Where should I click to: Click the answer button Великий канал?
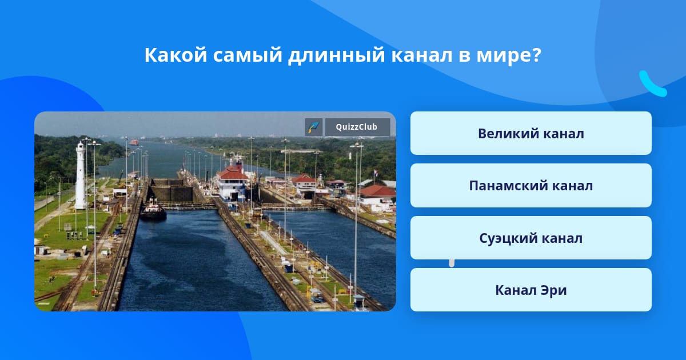coord(531,133)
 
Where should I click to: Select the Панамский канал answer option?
coord(531,186)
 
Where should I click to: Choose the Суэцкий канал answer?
coord(531,238)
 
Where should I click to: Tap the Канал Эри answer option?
coord(531,290)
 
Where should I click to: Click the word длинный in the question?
coord(336,55)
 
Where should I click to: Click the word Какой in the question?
coord(176,55)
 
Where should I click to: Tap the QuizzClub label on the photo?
coord(357,127)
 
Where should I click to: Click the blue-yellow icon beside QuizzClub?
coord(314,127)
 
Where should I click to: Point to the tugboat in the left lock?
coord(153,210)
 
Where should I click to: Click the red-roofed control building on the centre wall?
coord(232,183)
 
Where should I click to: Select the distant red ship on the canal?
coord(134,142)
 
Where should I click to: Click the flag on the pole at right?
coord(376,174)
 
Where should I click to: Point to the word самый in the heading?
coord(248,55)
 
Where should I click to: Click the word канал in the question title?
coord(422,55)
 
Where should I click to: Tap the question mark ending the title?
coord(537,55)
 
